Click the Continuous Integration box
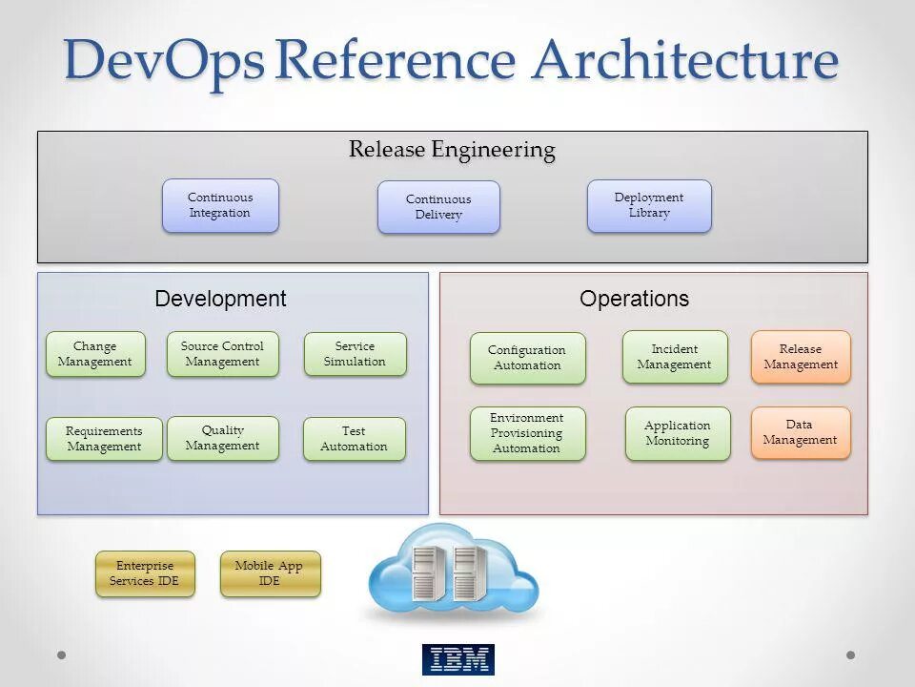[x=220, y=205]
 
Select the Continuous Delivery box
[x=438, y=207]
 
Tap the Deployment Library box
[x=649, y=205]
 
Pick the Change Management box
[x=95, y=354]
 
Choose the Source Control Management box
[x=222, y=354]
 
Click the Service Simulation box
[x=355, y=354]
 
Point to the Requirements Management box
[x=104, y=439]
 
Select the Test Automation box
[x=354, y=439]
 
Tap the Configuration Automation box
[x=527, y=358]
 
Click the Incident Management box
[x=675, y=357]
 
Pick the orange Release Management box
[x=801, y=357]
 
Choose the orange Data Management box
[x=801, y=432]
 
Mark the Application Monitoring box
[x=678, y=433]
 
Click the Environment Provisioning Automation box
[x=527, y=433]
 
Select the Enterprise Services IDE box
[x=145, y=573]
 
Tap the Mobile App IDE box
[x=270, y=573]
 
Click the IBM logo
[x=457, y=659]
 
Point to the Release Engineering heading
[x=452, y=150]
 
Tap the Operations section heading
[x=634, y=299]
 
